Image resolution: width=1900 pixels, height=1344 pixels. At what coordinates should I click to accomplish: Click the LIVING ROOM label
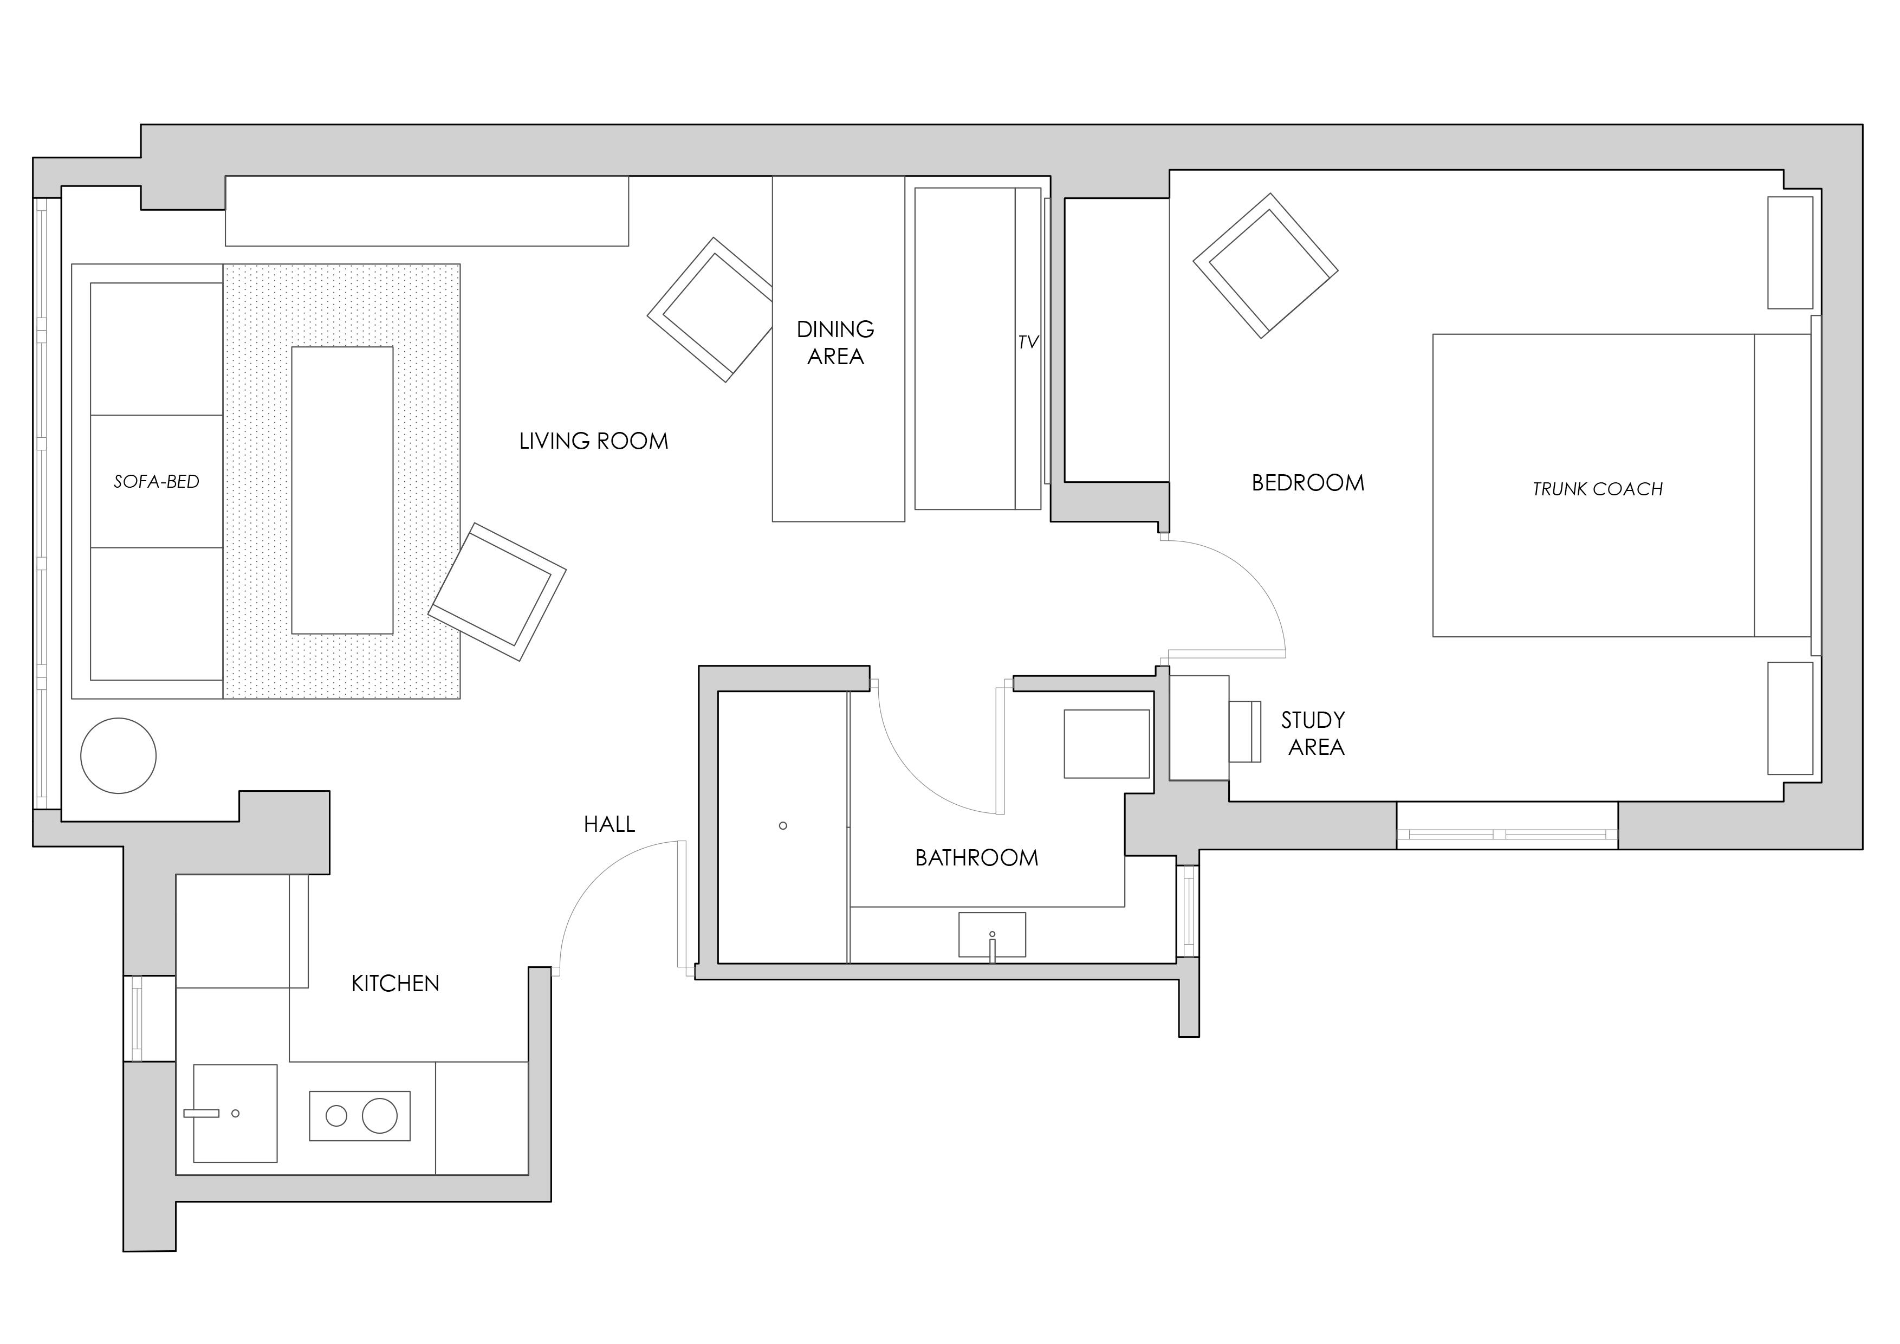click(x=593, y=441)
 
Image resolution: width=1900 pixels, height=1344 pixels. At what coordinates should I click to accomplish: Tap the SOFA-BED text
click(x=157, y=482)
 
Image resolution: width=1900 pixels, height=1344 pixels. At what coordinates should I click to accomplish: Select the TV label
click(x=1028, y=343)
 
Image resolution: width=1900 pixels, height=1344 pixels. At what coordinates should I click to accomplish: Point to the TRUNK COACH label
click(x=1597, y=489)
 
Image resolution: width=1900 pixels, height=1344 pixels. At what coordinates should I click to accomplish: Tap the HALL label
click(x=609, y=824)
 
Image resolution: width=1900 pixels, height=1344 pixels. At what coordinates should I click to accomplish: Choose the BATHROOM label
click(x=976, y=858)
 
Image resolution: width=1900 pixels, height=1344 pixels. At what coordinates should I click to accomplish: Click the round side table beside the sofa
click(x=118, y=755)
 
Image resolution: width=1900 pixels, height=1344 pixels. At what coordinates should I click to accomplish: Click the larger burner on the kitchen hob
click(x=380, y=1116)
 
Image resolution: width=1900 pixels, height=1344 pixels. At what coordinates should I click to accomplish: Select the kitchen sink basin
click(x=235, y=1113)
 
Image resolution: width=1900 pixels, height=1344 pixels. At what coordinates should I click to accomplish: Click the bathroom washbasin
click(x=992, y=935)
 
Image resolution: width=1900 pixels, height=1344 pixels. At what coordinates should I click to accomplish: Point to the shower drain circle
click(x=783, y=826)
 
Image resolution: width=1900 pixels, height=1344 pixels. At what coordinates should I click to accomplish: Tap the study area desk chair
click(x=1244, y=732)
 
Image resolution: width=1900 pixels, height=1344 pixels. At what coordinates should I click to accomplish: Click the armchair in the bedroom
click(x=1265, y=266)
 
